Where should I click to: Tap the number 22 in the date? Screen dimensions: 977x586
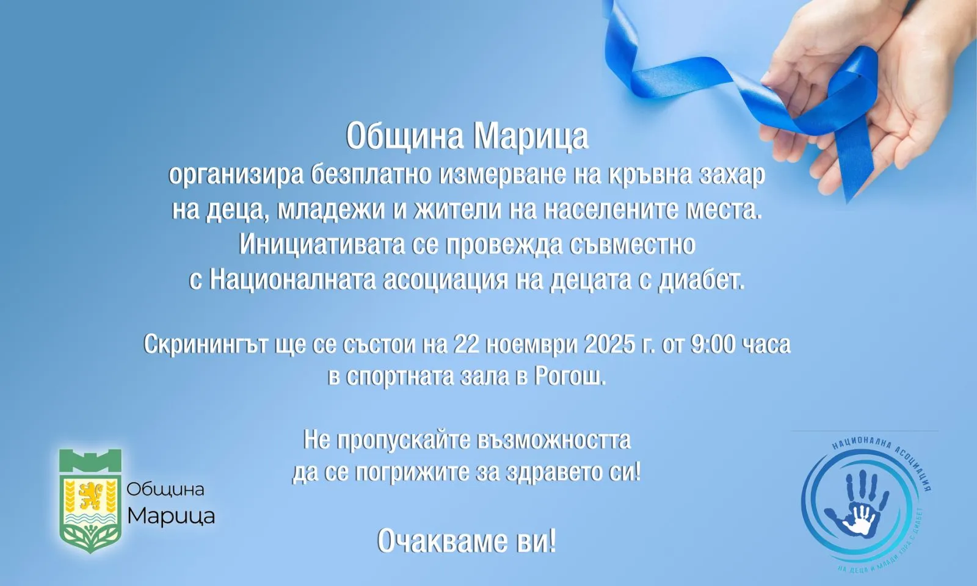[467, 344]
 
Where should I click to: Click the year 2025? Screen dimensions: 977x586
[609, 344]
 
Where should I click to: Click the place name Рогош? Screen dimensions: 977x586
[570, 377]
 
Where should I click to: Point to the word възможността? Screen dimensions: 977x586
[553, 440]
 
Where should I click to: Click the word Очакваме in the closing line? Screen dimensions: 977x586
[439, 541]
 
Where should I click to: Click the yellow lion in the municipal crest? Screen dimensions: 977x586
[91, 496]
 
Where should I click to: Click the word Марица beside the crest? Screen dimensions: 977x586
[171, 516]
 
